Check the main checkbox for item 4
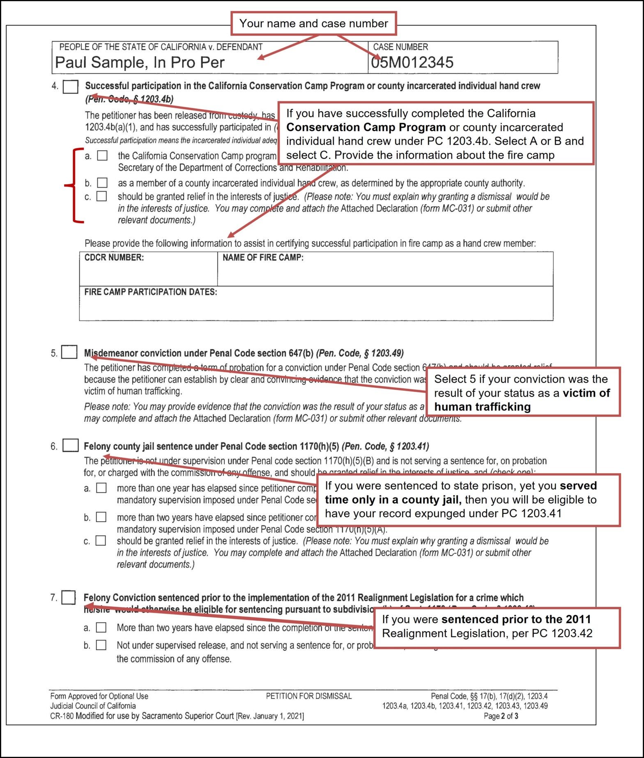click(x=71, y=87)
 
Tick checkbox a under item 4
click(x=102, y=156)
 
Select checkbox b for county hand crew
click(x=102, y=182)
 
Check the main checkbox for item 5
click(x=69, y=353)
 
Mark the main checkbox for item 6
click(x=70, y=445)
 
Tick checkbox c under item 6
click(x=101, y=541)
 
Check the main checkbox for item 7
click(x=69, y=597)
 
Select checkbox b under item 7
click(x=101, y=645)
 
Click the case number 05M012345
click(x=412, y=62)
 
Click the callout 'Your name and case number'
click(x=314, y=23)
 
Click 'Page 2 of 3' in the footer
click(x=501, y=716)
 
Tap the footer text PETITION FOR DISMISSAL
click(x=309, y=696)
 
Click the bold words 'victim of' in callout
click(x=586, y=393)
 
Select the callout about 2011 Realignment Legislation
click(x=497, y=627)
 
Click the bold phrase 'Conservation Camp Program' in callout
click(x=366, y=127)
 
